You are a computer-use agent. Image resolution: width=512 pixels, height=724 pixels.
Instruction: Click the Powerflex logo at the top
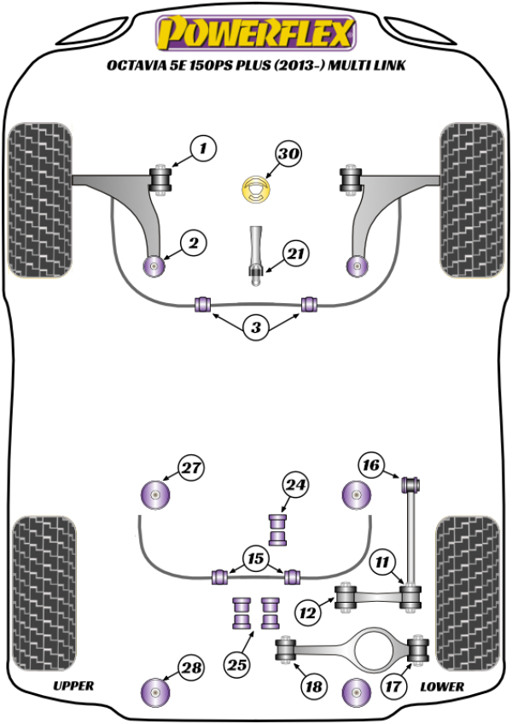pyautogui.click(x=253, y=34)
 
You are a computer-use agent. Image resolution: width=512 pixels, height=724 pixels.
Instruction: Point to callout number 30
pyautogui.click(x=288, y=155)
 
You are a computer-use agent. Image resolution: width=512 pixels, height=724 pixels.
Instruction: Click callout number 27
pyautogui.click(x=192, y=467)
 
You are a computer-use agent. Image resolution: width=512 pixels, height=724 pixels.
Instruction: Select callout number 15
pyautogui.click(x=254, y=558)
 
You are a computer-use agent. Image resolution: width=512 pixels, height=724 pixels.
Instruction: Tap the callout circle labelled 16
pyautogui.click(x=370, y=464)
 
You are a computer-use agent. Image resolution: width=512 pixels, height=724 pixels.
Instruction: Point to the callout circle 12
pyautogui.click(x=307, y=610)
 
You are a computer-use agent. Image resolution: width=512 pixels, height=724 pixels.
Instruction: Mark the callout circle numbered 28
pyautogui.click(x=192, y=669)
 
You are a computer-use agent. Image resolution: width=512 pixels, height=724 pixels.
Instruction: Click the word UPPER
pyautogui.click(x=73, y=686)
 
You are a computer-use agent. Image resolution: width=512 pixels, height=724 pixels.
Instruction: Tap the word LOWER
pyautogui.click(x=442, y=686)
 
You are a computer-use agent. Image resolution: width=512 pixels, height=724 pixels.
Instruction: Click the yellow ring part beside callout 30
pyautogui.click(x=255, y=190)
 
